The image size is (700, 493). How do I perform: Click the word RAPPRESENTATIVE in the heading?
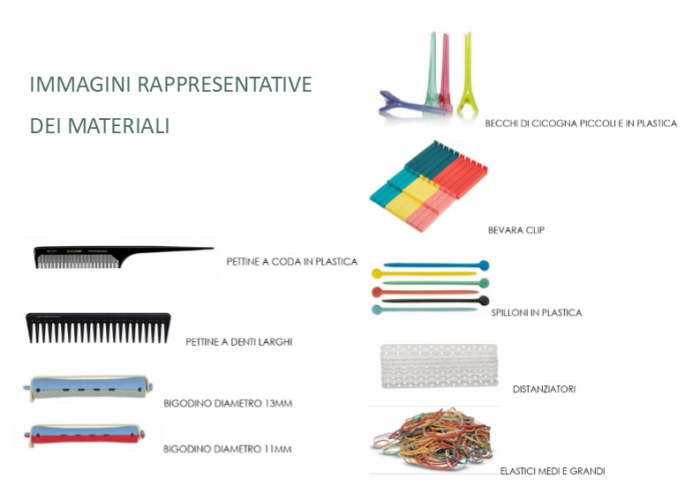(x=224, y=85)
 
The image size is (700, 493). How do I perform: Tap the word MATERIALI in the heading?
(x=119, y=125)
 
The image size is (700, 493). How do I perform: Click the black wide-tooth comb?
(x=98, y=327)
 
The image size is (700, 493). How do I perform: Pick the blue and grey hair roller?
(x=89, y=387)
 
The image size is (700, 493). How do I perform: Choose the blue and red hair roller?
(x=86, y=435)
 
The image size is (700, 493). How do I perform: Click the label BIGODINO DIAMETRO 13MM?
(x=228, y=403)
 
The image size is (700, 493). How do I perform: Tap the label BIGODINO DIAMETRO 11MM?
(x=227, y=449)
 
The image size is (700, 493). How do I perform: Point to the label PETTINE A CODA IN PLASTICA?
(x=292, y=261)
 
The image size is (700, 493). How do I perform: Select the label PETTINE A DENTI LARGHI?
(x=239, y=342)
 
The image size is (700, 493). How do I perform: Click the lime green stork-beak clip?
(x=467, y=73)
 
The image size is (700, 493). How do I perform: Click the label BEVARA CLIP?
(x=516, y=230)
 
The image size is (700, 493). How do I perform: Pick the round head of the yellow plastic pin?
(x=377, y=273)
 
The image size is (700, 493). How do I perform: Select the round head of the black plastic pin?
(x=484, y=300)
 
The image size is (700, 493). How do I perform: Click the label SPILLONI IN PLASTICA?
(x=536, y=313)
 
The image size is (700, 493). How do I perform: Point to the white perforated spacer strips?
(x=439, y=366)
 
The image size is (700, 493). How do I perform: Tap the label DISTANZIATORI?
(x=544, y=389)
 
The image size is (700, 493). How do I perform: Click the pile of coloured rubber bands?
(x=433, y=439)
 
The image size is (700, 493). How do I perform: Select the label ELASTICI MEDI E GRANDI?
(x=553, y=471)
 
